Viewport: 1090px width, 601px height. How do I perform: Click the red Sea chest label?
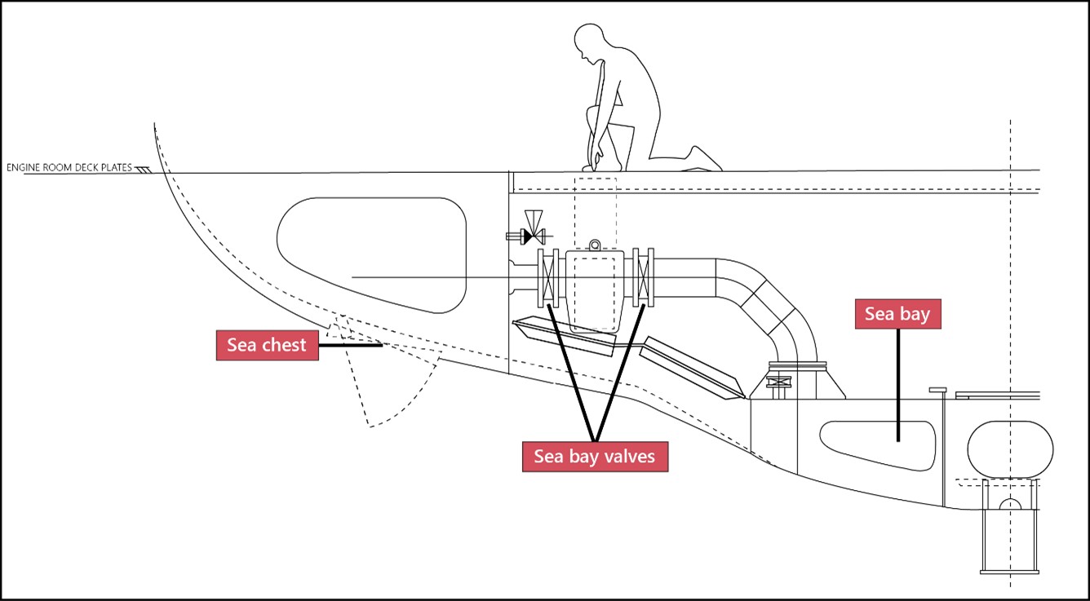click(x=267, y=345)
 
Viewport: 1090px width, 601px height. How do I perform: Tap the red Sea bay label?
click(x=897, y=314)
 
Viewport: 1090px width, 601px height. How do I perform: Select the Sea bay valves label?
click(x=594, y=457)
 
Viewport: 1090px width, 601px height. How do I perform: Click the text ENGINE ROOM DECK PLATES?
click(x=69, y=168)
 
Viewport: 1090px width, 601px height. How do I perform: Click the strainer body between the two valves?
click(x=595, y=289)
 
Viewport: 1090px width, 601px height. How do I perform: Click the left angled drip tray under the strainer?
click(x=563, y=337)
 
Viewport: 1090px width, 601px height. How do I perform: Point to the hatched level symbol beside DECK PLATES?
click(x=144, y=170)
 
